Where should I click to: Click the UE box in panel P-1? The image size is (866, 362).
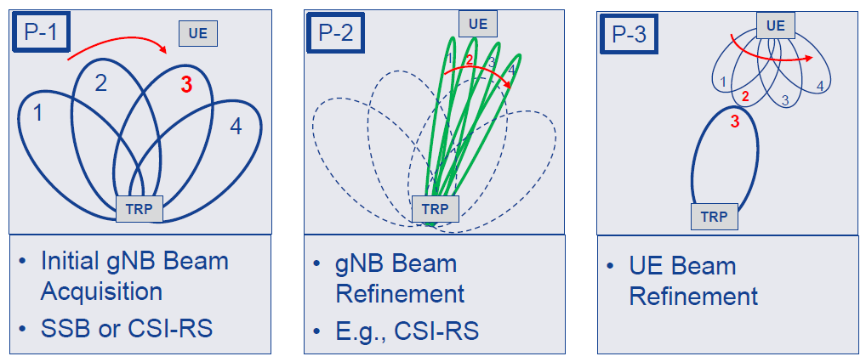click(x=198, y=33)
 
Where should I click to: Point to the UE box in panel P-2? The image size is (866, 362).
click(x=478, y=24)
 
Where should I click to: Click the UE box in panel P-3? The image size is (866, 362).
click(x=775, y=25)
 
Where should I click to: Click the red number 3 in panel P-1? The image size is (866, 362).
click(x=186, y=84)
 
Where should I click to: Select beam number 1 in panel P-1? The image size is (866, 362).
click(x=38, y=112)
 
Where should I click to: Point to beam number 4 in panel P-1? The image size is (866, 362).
click(x=236, y=127)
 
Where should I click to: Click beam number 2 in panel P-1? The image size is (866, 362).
click(x=100, y=83)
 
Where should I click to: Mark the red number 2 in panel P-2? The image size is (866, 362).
click(x=469, y=59)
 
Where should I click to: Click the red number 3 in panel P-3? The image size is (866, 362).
click(x=734, y=122)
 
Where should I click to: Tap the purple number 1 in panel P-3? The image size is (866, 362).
click(x=723, y=82)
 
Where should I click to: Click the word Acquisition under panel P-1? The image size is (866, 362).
click(x=101, y=291)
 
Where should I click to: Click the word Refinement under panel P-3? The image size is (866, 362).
click(x=693, y=297)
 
